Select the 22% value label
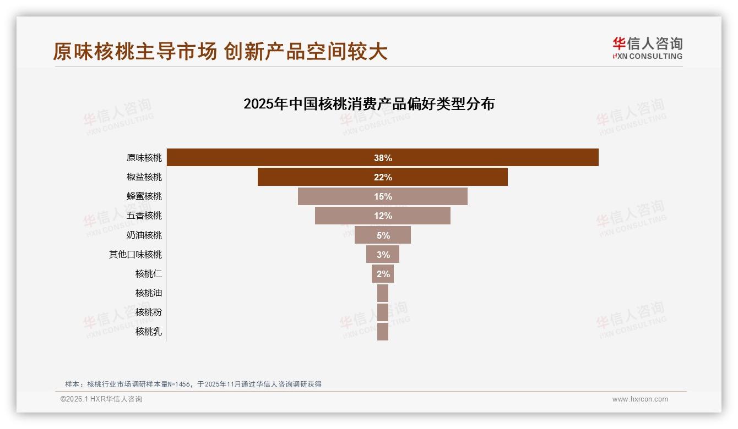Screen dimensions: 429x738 383,177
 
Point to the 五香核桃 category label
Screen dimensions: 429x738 144,216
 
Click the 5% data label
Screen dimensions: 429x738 383,235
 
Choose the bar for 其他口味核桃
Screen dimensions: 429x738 383,254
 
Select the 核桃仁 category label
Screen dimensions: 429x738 149,274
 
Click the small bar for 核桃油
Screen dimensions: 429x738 383,293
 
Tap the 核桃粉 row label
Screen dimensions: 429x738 149,312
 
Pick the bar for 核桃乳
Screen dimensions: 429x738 383,332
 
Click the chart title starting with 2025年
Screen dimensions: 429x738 369,104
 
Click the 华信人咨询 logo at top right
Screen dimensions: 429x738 647,48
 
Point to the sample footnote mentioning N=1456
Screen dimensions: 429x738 193,384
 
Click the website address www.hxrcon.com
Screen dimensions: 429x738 640,399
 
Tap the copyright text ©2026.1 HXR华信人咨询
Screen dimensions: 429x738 101,399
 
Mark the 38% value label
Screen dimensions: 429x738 383,158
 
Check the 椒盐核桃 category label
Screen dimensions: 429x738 144,177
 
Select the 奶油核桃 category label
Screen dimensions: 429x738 144,235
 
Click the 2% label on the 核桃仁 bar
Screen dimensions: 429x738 383,274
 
